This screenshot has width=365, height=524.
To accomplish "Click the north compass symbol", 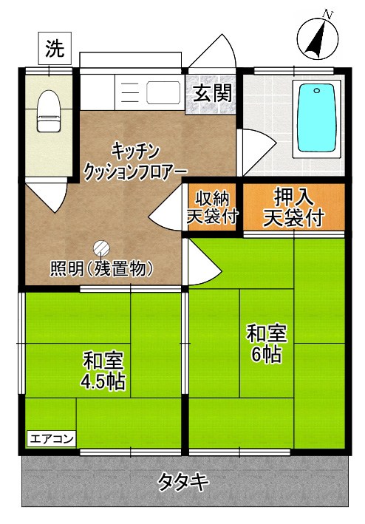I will (x=318, y=37).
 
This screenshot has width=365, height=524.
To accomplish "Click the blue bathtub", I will (x=315, y=118).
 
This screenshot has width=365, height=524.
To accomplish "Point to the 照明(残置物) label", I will (x=101, y=268).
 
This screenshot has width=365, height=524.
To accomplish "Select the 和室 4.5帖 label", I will (x=103, y=372).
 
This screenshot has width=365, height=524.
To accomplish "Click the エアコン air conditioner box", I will (x=52, y=439).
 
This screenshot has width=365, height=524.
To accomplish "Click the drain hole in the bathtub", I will (x=315, y=92).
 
